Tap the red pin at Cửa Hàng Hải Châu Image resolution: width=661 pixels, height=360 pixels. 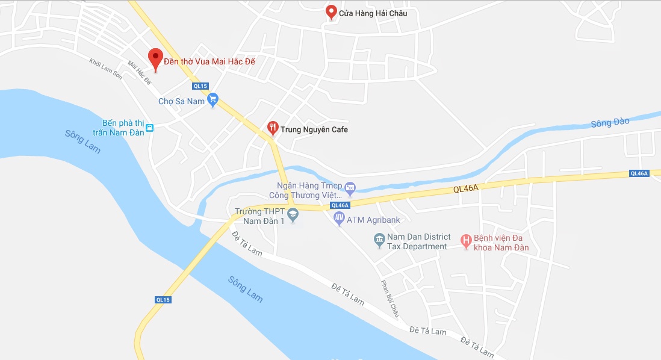(330, 11)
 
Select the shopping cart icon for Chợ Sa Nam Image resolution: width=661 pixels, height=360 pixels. (213, 101)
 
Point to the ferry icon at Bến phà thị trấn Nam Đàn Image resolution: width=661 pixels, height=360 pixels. (150, 128)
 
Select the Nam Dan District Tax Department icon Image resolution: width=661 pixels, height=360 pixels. (379, 241)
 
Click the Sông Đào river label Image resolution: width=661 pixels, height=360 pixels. (610, 123)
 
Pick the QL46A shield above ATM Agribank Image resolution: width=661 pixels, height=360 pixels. (340, 205)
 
